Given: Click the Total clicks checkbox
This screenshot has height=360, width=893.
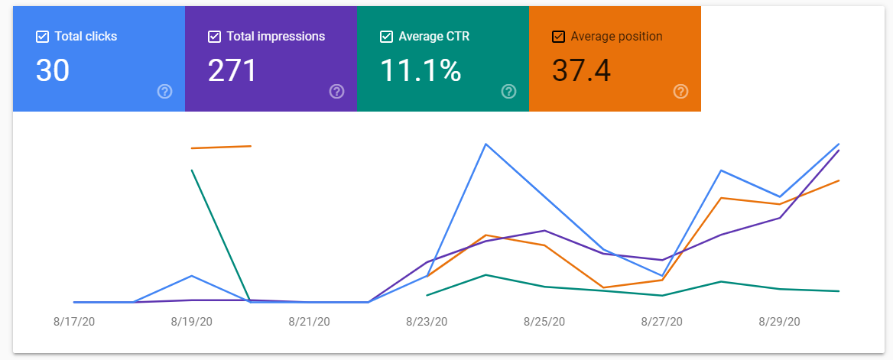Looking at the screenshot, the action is coord(42,37).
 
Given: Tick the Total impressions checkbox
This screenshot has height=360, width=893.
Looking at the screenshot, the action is coord(214,37).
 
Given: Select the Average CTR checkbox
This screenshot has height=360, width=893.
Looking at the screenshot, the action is coord(386,37).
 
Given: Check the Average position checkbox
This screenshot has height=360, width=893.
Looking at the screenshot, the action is coord(558,37).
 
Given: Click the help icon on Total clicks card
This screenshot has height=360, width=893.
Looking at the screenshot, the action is coord(164,91).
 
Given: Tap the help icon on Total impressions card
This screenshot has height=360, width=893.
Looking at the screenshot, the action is coord(336,91).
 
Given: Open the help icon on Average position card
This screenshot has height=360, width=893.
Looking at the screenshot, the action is coord(680,91).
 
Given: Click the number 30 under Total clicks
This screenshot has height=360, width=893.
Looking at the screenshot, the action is coord(53,70).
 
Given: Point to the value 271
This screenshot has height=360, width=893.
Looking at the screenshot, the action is coord(232,70).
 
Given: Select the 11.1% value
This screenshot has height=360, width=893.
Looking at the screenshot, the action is coord(421,70).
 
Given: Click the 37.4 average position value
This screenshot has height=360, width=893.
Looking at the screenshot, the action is coord(582,70).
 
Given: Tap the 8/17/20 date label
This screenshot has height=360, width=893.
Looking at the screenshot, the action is coord(74,322).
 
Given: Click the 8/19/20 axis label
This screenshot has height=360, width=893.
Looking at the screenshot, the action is coord(191,322).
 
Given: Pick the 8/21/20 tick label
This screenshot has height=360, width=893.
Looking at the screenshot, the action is coord(309,322).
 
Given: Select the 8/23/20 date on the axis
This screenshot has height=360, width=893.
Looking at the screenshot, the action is coord(427,322).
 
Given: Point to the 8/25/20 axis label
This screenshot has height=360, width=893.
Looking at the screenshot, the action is coord(544,322).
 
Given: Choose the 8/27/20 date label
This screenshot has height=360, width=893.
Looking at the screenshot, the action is coord(662,322).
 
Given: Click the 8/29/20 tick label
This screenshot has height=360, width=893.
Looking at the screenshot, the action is coord(780,322).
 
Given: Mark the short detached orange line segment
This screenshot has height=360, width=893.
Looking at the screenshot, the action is coord(221,147).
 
